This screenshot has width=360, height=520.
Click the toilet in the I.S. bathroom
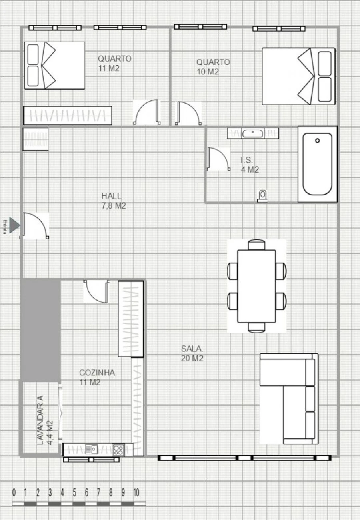coord(262,195)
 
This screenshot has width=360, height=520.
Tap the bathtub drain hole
coord(318,141)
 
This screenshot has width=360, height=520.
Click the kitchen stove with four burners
coord(118,450)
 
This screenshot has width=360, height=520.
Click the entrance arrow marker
coord(14,225)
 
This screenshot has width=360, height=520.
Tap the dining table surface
coord(256,286)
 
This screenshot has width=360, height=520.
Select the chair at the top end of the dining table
coord(256,244)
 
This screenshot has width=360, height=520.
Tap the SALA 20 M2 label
coord(192,353)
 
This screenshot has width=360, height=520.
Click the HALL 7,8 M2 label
coord(114,201)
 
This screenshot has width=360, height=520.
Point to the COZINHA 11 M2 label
coord(98,377)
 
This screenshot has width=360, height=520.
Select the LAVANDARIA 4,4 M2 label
coord(44,420)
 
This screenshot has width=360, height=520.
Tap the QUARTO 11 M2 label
coord(114,63)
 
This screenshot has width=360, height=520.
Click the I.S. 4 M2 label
coord(250,165)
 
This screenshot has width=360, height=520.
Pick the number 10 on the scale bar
coord(136,492)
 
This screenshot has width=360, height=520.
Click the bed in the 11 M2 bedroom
coord(55,65)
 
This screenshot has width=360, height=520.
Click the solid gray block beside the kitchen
coord(40,330)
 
